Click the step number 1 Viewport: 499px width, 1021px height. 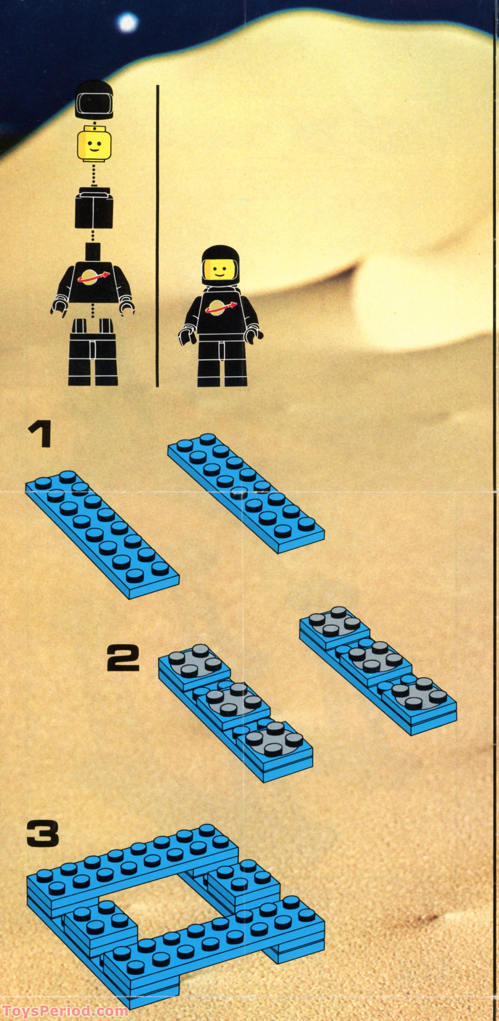pos(39,435)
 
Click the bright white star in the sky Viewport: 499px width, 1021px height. pos(127,23)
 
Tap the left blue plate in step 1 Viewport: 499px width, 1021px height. pos(102,532)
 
